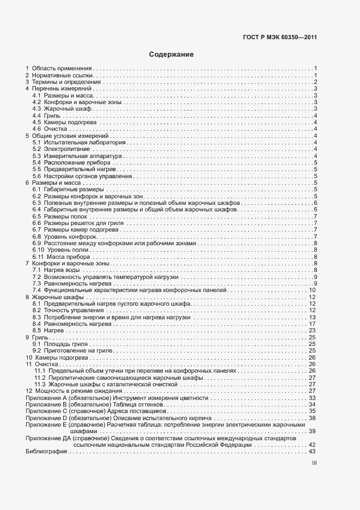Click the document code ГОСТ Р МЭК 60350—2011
(279, 38)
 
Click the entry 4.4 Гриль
(46, 116)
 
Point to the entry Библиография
(45, 451)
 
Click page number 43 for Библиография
(313, 451)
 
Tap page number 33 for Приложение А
(313, 398)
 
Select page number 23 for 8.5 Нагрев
(313, 331)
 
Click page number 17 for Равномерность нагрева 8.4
(313, 324)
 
